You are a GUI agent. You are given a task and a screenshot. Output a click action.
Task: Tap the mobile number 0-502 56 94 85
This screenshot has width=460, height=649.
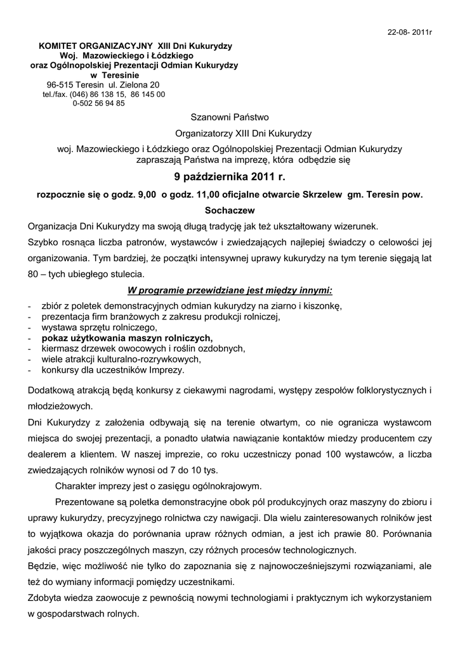[98, 103]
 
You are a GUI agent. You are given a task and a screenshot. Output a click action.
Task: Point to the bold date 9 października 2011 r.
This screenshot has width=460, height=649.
[230, 177]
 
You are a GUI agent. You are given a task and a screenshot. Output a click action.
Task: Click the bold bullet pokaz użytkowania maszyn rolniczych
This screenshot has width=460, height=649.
[128, 338]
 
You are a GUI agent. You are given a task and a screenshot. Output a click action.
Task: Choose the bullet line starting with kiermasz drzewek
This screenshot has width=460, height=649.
[143, 349]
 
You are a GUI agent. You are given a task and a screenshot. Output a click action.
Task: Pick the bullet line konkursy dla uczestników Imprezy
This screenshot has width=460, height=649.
[113, 369]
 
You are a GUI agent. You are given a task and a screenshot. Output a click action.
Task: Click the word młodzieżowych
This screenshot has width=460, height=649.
[60, 406]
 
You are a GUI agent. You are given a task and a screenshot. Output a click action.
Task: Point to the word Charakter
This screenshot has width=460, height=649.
[77, 487]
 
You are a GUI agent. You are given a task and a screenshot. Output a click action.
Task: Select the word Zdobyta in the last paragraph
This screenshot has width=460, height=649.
[45, 598]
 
